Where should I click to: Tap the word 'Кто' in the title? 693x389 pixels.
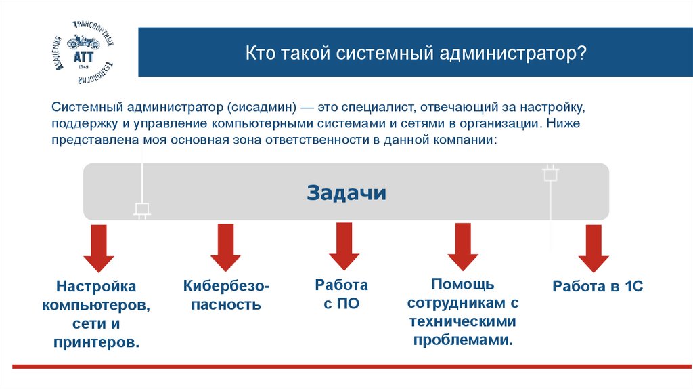tap(259, 53)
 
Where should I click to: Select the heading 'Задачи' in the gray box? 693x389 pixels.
tap(346, 192)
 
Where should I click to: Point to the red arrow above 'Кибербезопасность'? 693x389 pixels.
tap(225, 247)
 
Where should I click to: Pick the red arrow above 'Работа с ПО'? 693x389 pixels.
tap(344, 247)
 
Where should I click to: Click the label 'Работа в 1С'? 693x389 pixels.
tap(597, 287)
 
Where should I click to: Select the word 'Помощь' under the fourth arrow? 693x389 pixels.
tap(463, 283)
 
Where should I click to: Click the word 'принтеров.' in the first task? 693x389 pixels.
tap(97, 342)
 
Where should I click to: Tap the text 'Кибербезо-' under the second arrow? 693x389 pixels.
tap(226, 287)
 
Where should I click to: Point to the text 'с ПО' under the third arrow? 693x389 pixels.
tap(341, 304)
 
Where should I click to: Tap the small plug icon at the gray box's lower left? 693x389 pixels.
tap(142, 210)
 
